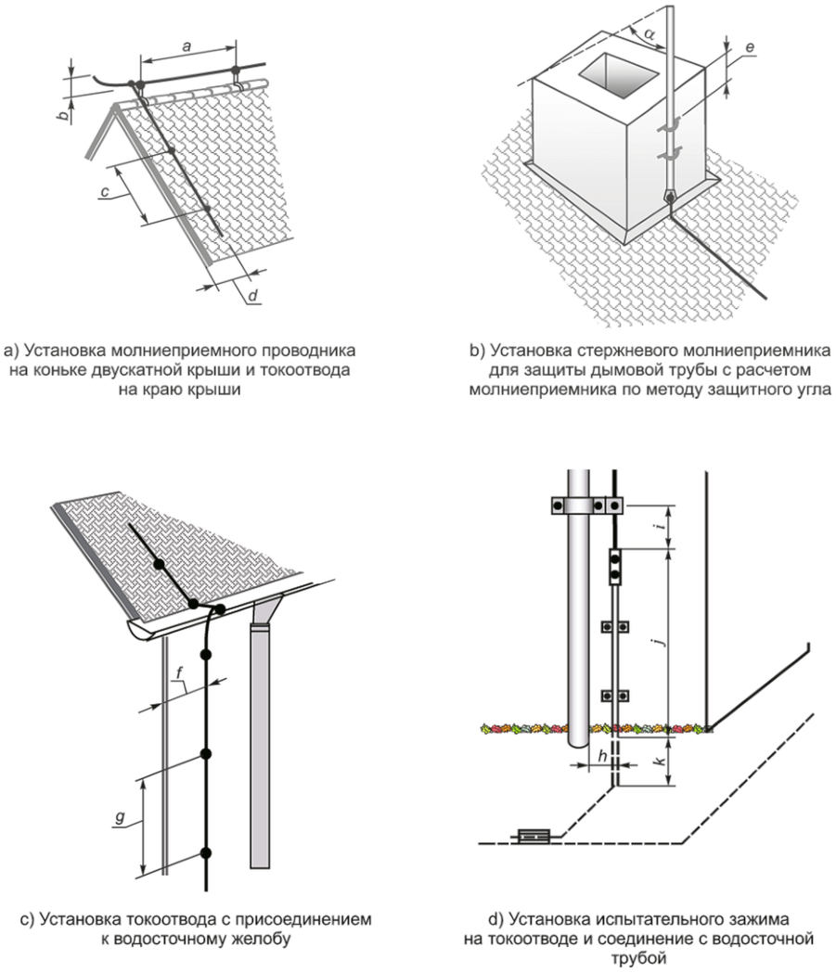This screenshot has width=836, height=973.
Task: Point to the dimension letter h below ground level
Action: point(603,755)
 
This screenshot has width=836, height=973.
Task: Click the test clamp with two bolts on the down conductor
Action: point(614,567)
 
